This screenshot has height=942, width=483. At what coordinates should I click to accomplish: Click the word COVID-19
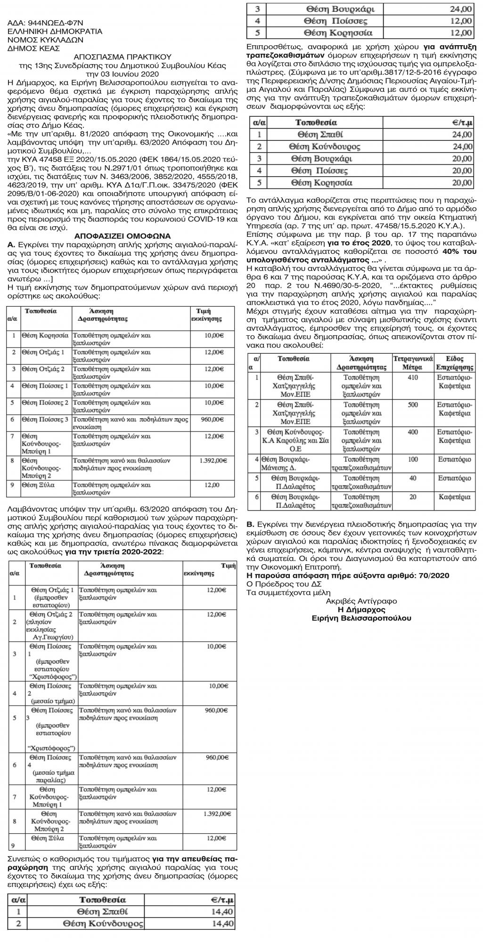209,219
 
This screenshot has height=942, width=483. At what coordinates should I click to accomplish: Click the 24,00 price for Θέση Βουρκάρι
460,9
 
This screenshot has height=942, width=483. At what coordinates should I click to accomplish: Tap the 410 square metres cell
413,377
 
